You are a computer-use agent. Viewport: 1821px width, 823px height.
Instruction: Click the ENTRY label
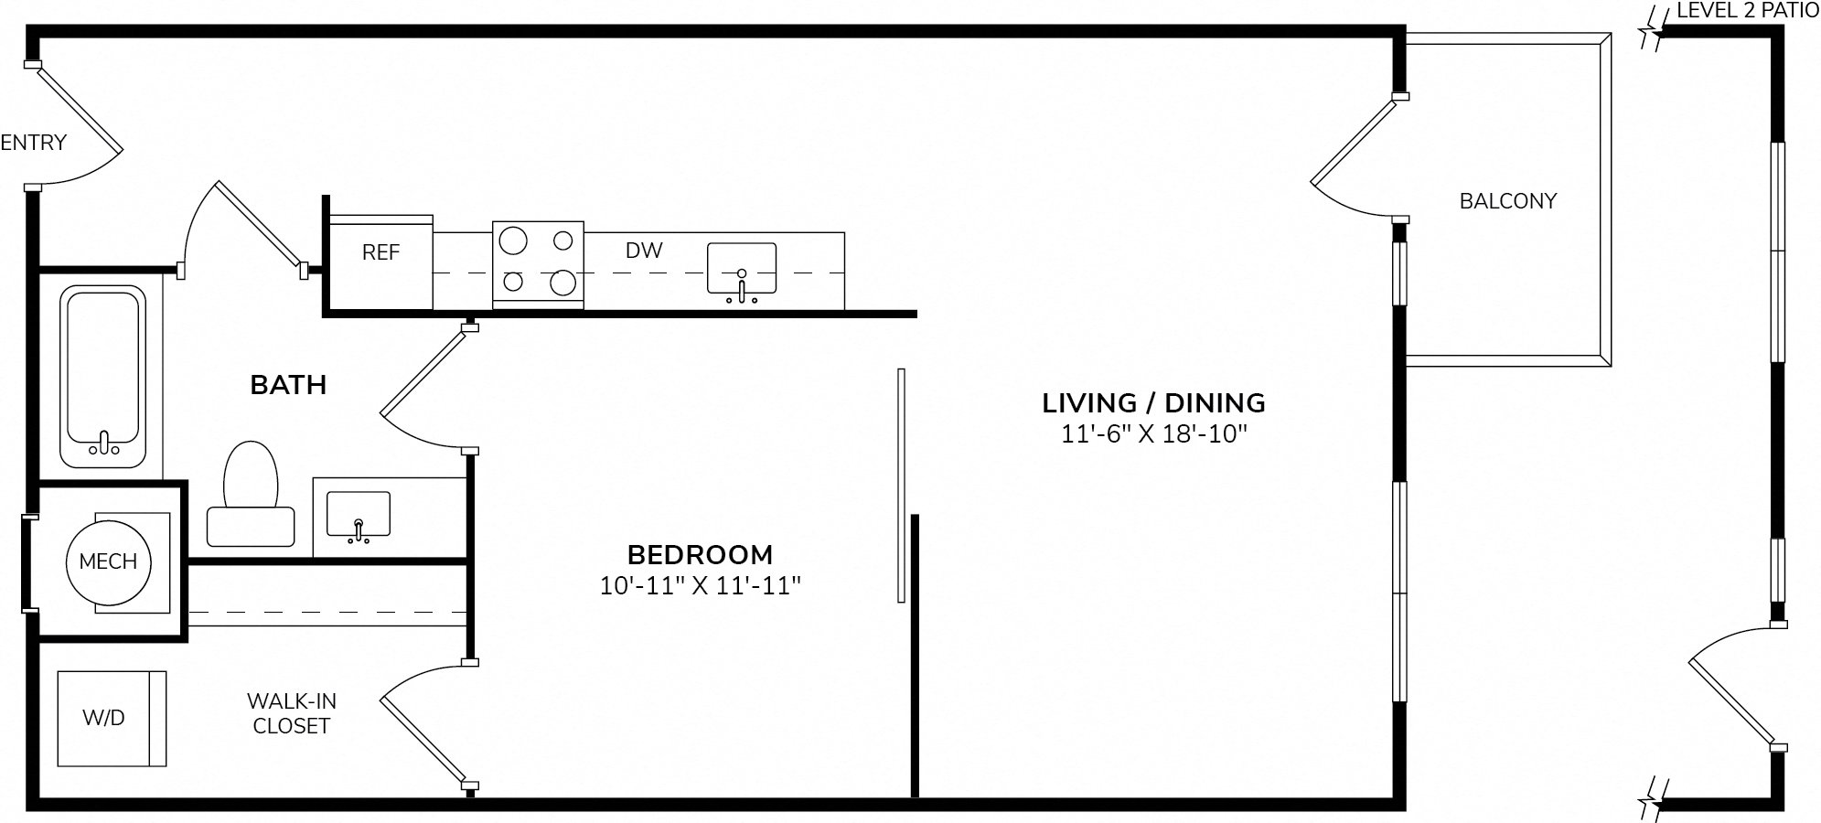tap(34, 143)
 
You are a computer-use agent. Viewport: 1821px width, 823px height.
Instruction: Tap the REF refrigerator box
tap(380, 263)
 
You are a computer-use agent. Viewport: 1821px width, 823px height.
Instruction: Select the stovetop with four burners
tap(538, 264)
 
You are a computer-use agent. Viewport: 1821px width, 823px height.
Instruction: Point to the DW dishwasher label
tap(644, 251)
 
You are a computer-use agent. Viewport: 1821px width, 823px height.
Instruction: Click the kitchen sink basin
tap(742, 268)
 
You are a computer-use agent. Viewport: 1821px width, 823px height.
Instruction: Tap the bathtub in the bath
tap(103, 376)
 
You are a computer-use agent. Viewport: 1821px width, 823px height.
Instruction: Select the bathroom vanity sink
tap(359, 515)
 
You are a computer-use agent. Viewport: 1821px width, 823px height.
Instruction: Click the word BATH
tap(288, 385)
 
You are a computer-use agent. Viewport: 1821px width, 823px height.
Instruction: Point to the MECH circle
tap(108, 561)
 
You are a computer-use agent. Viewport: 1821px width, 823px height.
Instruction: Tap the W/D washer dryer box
tap(112, 719)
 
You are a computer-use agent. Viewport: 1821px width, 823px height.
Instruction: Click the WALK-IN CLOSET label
tap(292, 713)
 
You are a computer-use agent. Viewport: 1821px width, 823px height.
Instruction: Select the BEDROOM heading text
tap(700, 554)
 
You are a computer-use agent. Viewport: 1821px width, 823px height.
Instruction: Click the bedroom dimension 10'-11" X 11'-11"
tap(700, 585)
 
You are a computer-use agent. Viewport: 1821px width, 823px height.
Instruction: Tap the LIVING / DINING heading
tap(1154, 402)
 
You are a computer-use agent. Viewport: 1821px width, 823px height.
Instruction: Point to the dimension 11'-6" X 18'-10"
tap(1154, 433)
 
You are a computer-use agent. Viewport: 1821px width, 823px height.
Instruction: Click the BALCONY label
tap(1508, 201)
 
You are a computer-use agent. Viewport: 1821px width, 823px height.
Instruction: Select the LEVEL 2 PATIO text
tap(1748, 11)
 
